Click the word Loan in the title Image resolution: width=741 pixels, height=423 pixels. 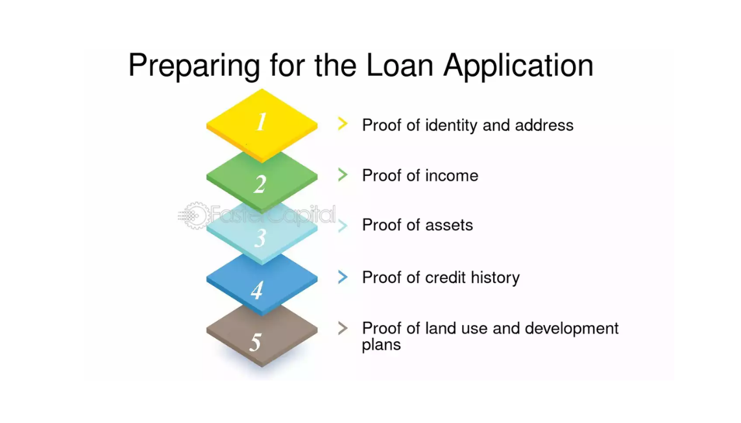point(400,66)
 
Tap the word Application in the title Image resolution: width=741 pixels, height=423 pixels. point(518,66)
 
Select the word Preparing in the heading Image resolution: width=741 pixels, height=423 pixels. point(194,66)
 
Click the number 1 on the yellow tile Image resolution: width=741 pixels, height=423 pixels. point(261,122)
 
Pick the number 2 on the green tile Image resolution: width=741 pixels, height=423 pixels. point(260,184)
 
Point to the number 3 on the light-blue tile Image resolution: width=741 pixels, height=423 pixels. point(260,237)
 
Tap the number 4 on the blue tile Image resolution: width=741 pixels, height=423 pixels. point(257,290)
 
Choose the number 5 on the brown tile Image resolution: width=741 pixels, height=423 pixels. point(256,342)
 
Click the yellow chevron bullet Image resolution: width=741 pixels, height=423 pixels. point(343,124)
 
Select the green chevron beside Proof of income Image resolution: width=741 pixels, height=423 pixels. point(343,175)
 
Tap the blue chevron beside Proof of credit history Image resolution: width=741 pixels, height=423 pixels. point(343,277)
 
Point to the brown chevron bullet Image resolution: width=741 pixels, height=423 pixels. point(343,328)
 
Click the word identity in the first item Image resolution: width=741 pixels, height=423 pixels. point(452,126)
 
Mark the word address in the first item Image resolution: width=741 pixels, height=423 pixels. point(544,125)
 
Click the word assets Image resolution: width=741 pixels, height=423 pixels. point(449,225)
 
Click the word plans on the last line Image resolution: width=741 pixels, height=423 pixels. point(381,345)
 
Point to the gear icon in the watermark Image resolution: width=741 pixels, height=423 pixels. point(195,215)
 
